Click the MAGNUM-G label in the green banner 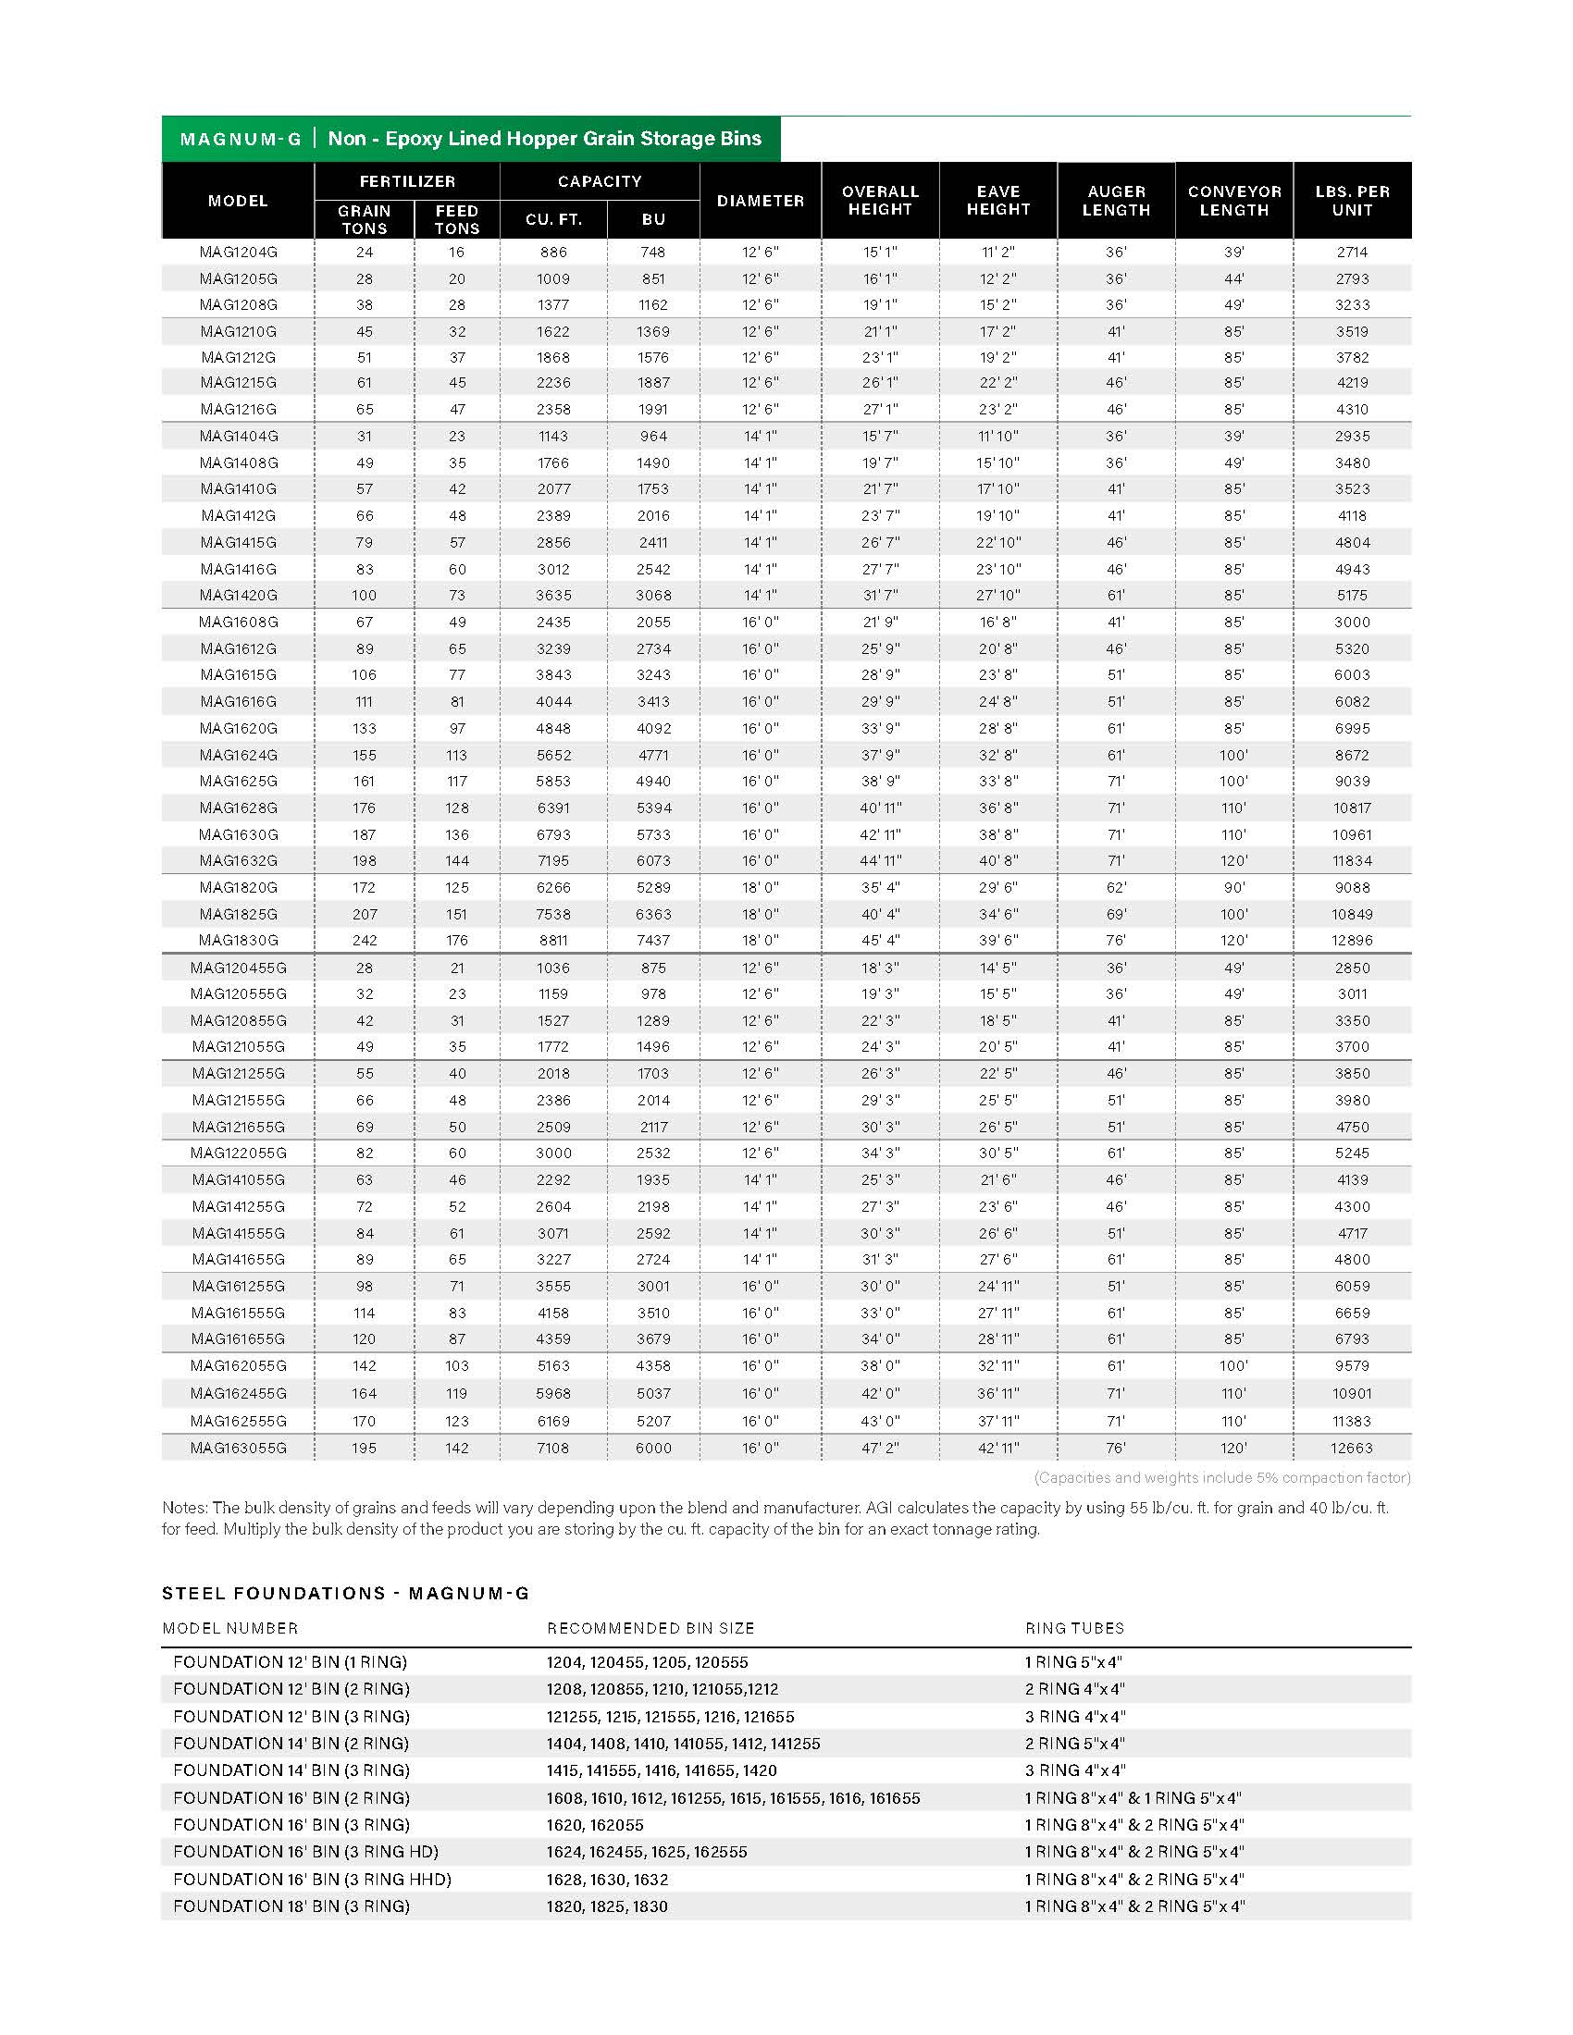241,140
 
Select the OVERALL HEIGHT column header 880,201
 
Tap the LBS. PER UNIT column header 1351,201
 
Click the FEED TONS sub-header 455,220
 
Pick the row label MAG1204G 239,253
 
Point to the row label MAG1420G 239,596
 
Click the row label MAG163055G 239,1448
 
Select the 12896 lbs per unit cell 1351,940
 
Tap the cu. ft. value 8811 552,940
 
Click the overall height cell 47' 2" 880,1448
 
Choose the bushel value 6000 652,1448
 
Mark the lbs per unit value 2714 1351,253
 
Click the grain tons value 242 364,940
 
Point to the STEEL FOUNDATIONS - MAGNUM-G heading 346,1594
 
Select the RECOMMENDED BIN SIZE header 650,1629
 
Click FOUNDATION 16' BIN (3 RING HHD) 312,1880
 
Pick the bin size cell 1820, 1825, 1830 607,1906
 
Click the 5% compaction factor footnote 1221,1477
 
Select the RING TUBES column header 1074,1629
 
